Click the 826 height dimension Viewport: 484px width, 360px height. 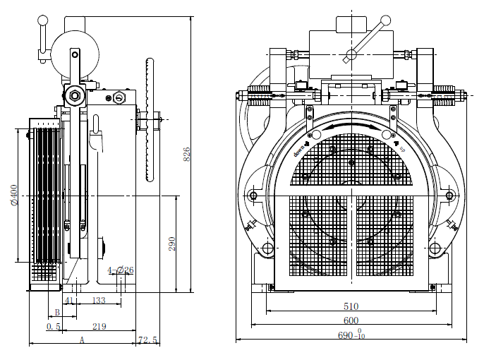(187, 154)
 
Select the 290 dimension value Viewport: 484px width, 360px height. (171, 244)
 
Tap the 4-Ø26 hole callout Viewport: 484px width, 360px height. (120, 270)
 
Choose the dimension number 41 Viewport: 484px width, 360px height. (69, 301)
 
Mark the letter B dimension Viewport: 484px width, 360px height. (56, 313)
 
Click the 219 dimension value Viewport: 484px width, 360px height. (99, 327)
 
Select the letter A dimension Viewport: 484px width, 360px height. (81, 340)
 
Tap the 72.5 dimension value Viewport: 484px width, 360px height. (148, 340)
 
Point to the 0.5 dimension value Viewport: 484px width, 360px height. (53, 327)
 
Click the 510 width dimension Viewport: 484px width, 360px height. (351, 306)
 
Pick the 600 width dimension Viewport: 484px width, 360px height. (351, 320)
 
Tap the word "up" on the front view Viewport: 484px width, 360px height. (402, 149)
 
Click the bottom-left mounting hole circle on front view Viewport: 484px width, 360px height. (267, 249)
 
